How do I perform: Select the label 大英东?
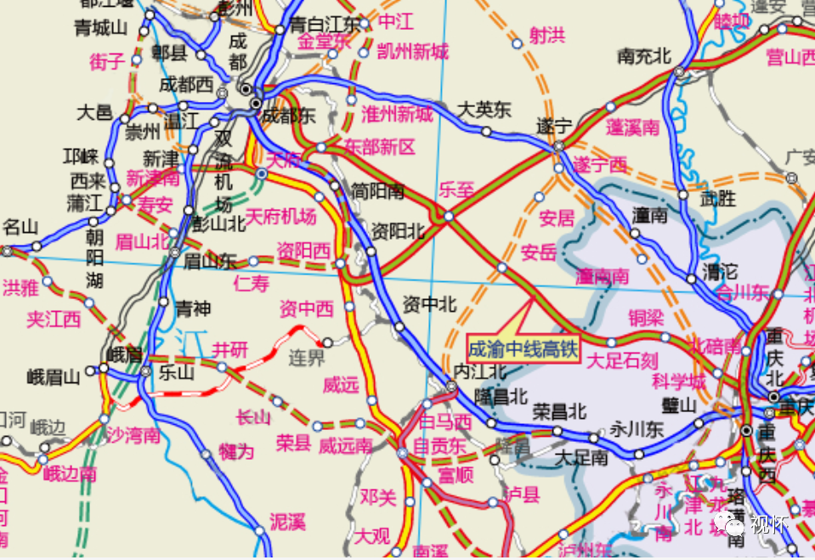pos(484,110)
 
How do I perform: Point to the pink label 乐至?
pos(456,189)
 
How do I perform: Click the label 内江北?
pos(480,371)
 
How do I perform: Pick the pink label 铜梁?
pos(645,317)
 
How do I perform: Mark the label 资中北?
pos(429,303)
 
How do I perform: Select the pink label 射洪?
pos(546,35)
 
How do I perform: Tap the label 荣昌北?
pos(560,411)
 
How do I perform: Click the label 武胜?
pos(718,199)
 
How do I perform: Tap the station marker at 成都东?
pos(257,104)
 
